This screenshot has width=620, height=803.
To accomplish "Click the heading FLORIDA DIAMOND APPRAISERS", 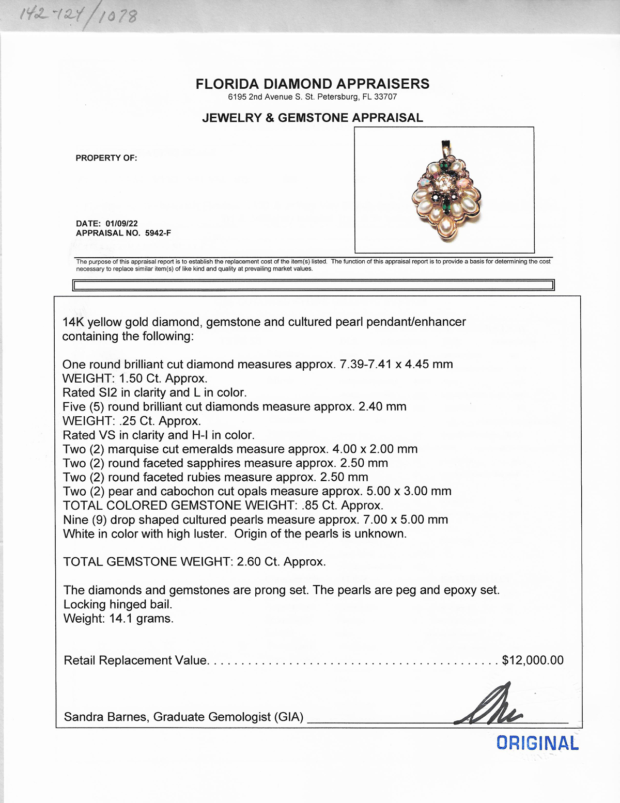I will coord(312,84).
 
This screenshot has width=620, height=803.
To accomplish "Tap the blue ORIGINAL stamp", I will coord(537,743).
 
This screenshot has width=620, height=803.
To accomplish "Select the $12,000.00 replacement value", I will coord(533,660).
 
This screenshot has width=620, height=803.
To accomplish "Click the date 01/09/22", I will coord(121,224).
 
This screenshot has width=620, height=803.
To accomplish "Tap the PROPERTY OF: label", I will coord(106,158).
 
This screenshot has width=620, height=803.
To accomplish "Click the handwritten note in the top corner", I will coord(78,15).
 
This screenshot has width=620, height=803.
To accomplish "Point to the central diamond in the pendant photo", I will coord(443,183).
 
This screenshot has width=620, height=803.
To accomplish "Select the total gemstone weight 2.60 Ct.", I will coord(256,562).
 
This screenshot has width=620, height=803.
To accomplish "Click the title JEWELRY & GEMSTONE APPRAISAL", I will coord(312,118).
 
